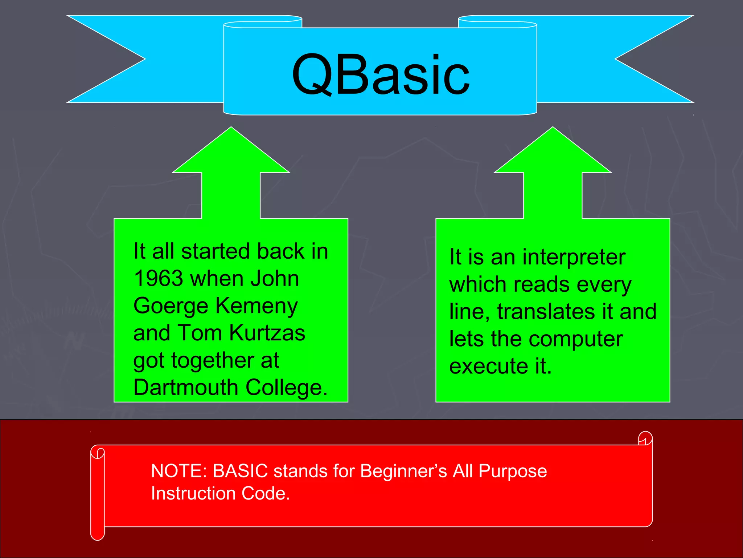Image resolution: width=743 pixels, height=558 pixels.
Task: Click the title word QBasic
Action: (381, 74)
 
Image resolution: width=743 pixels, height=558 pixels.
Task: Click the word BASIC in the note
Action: (240, 471)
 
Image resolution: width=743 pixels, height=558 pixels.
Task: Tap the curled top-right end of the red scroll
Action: (645, 438)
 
